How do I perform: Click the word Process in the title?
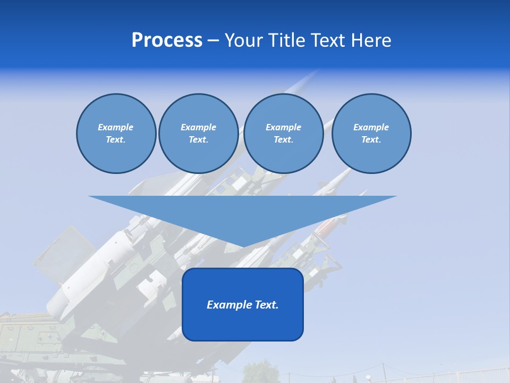tap(167, 40)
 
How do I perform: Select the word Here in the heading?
tap(371, 40)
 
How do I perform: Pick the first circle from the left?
tap(116, 134)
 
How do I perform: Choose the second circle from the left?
tap(198, 134)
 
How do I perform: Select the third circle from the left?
tap(283, 134)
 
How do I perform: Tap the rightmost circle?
tap(371, 134)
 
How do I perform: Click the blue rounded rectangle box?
tap(243, 319)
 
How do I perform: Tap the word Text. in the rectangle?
tap(266, 305)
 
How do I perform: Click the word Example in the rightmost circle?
tap(371, 127)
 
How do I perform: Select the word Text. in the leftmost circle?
tap(116, 140)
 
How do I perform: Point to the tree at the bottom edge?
tap(260, 372)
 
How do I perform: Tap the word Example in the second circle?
tap(198, 127)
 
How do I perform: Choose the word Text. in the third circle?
tap(283, 140)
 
